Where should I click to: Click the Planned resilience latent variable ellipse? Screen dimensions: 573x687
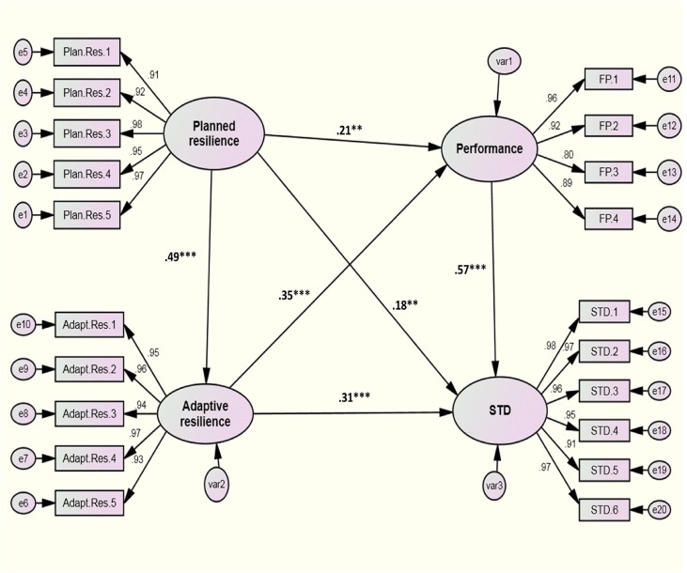(214, 133)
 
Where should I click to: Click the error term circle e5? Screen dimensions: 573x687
(22, 49)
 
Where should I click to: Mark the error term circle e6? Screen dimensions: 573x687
(22, 503)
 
